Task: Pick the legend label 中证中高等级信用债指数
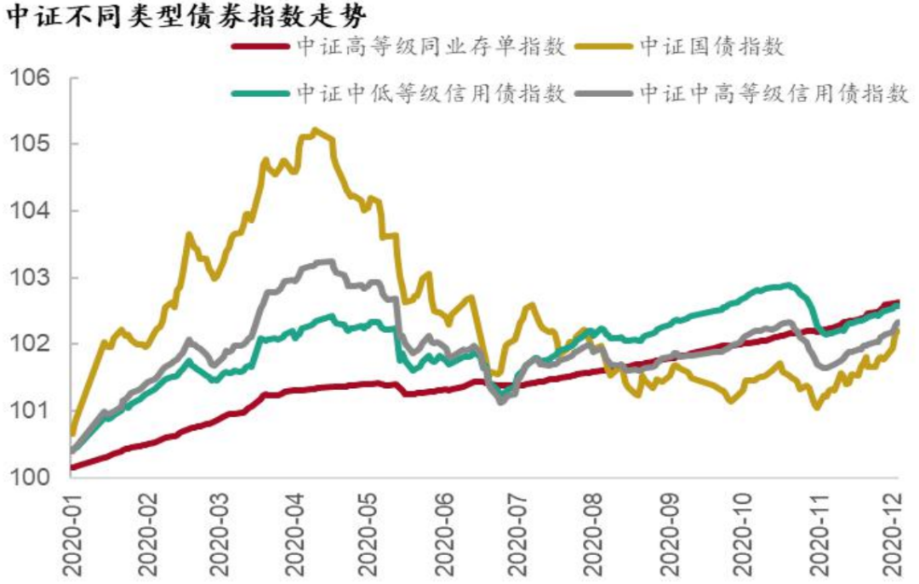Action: point(774,93)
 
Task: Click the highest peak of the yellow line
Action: point(316,130)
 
